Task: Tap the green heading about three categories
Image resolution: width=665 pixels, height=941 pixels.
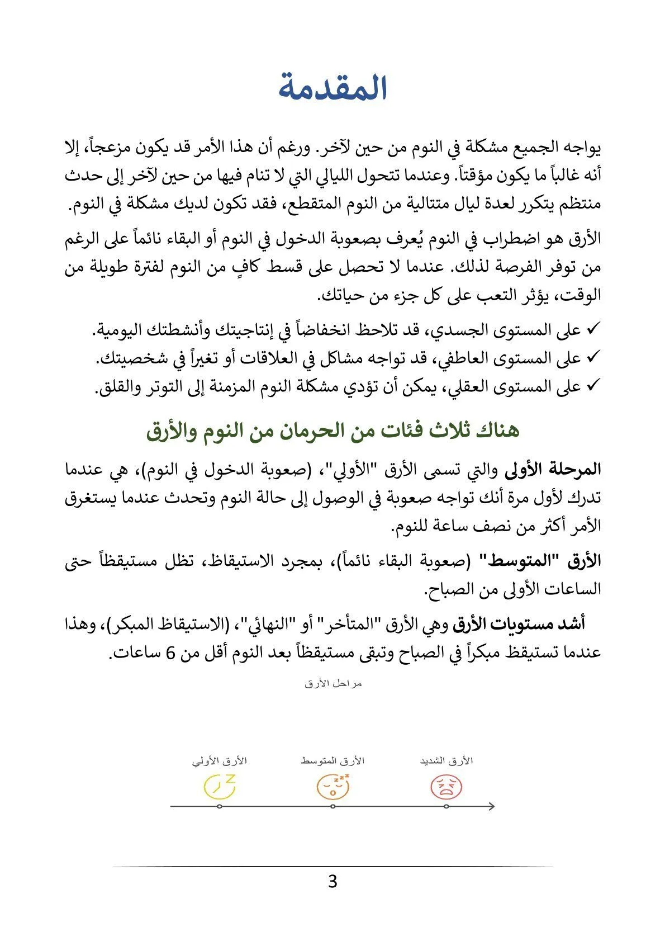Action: click(333, 431)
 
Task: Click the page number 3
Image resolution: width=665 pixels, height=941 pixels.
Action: click(332, 882)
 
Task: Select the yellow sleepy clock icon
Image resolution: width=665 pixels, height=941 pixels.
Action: click(219, 786)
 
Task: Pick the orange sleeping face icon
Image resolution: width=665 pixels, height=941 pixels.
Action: click(333, 786)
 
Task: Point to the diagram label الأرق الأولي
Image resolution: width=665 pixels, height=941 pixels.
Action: click(219, 761)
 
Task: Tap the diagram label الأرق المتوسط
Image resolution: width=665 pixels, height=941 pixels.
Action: click(332, 761)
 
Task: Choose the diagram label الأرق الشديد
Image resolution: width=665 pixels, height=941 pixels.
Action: click(446, 761)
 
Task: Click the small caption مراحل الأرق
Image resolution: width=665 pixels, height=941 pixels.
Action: click(333, 684)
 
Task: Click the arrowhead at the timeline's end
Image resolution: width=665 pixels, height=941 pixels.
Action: click(491, 806)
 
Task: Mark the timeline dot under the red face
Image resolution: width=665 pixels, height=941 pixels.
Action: click(446, 806)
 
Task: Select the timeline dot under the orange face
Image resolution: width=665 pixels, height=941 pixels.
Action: click(332, 806)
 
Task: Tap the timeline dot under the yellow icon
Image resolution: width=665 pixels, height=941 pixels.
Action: click(219, 806)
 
